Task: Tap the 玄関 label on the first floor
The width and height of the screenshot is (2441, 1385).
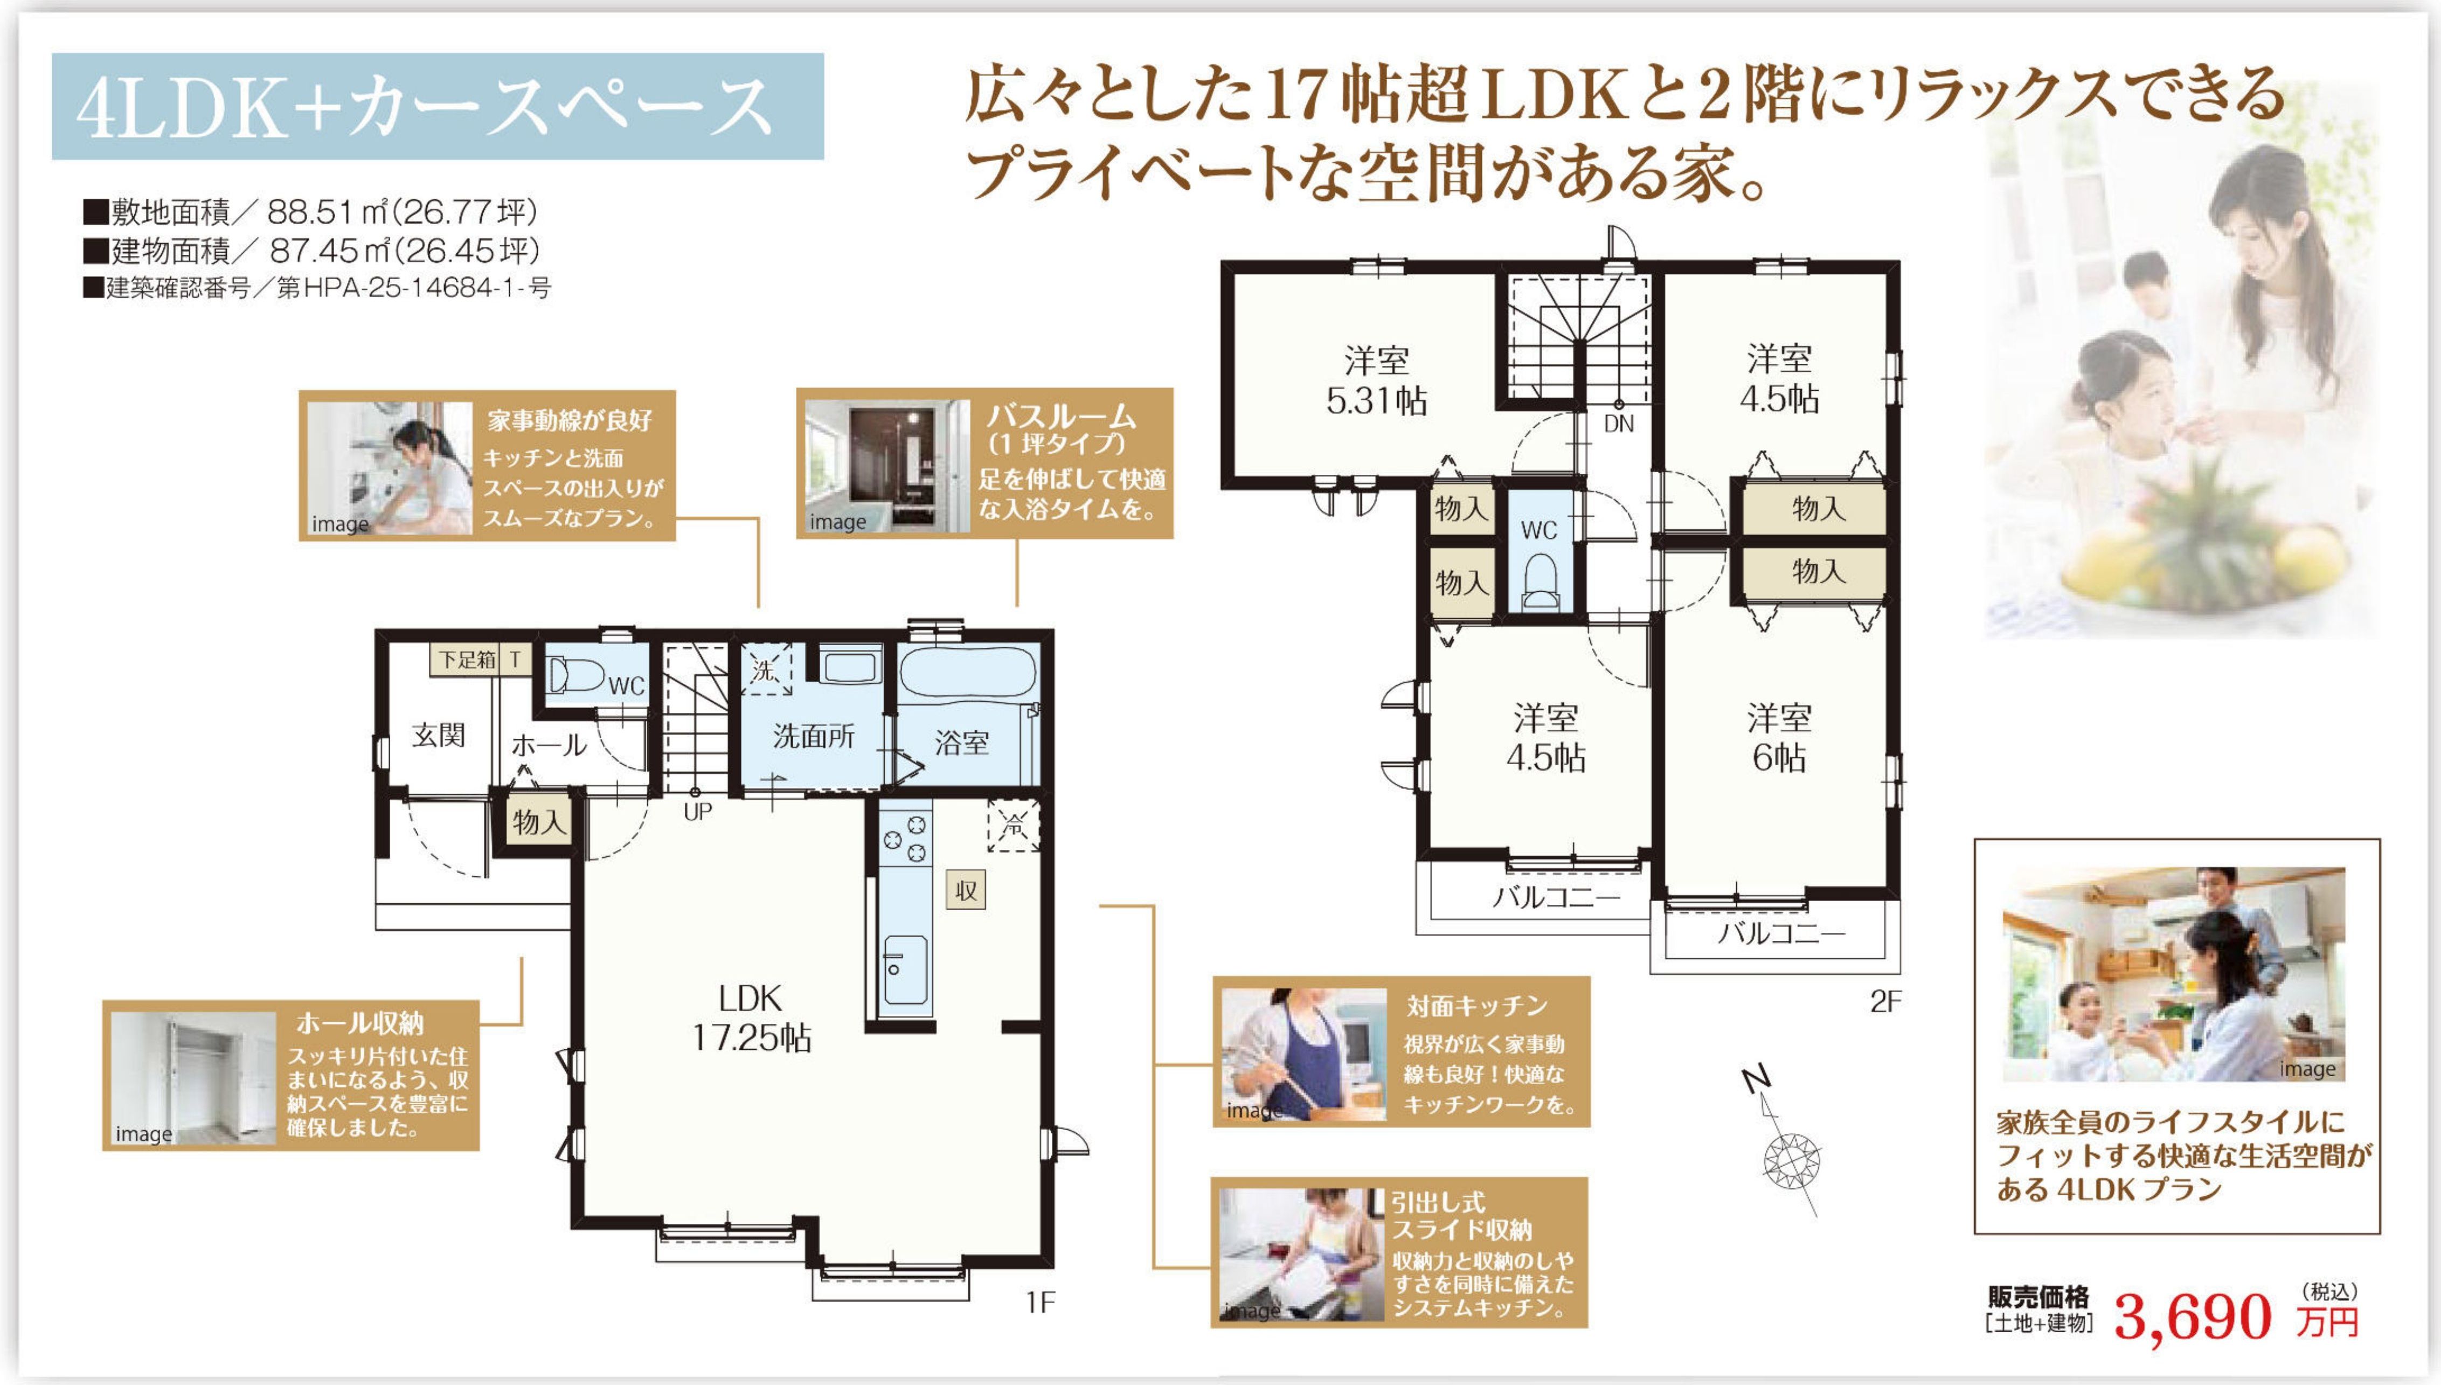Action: point(439,735)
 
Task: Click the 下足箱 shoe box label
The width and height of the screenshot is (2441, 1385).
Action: point(467,659)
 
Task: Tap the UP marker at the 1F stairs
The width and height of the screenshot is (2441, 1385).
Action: point(697,812)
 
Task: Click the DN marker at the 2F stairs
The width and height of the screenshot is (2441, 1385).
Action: point(1619,424)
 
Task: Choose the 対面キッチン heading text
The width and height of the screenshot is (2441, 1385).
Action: point(1478,1005)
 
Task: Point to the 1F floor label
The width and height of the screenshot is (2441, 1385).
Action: point(1041,1302)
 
